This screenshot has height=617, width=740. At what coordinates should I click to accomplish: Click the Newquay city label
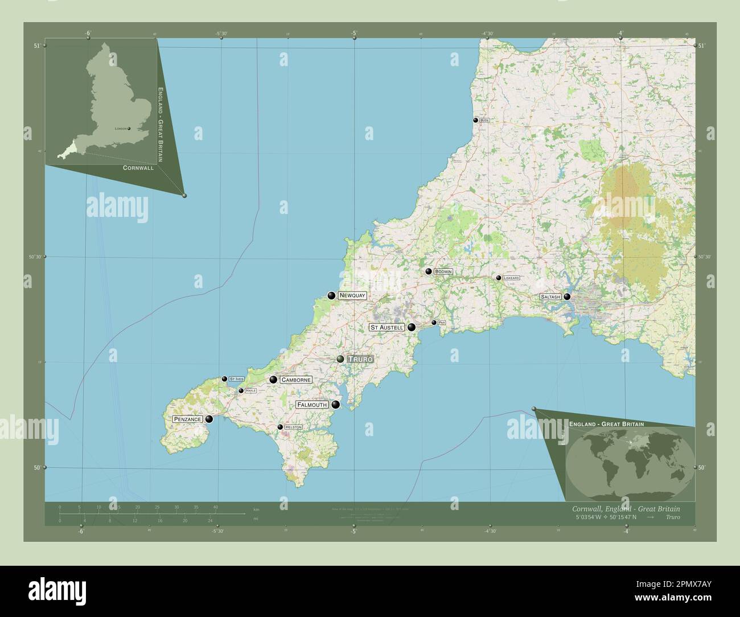351,295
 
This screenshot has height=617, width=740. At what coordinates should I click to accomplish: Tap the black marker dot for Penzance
209,419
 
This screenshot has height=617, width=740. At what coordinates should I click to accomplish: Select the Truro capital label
360,359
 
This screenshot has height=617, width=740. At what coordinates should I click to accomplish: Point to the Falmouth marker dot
336,405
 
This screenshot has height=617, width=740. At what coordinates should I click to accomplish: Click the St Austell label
387,327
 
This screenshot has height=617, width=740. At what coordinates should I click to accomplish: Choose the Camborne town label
295,380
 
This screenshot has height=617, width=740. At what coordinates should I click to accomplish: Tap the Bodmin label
443,272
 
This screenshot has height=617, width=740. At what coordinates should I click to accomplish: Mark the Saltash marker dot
567,297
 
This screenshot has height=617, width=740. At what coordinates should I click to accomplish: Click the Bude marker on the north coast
475,121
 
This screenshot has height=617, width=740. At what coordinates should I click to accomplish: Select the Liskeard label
511,278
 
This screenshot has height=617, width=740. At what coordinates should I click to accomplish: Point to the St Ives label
236,379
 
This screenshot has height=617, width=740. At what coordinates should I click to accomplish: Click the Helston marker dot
280,427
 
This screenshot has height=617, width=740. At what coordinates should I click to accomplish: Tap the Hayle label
250,391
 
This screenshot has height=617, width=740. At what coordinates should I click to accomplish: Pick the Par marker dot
434,323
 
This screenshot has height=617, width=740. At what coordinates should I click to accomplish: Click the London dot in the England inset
130,129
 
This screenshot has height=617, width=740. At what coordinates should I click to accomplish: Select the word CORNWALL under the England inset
138,168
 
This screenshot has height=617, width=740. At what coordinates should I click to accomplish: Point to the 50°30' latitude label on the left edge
35,257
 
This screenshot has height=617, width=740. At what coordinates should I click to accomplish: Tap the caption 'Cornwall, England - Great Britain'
625,508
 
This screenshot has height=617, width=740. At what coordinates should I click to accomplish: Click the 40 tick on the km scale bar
216,507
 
